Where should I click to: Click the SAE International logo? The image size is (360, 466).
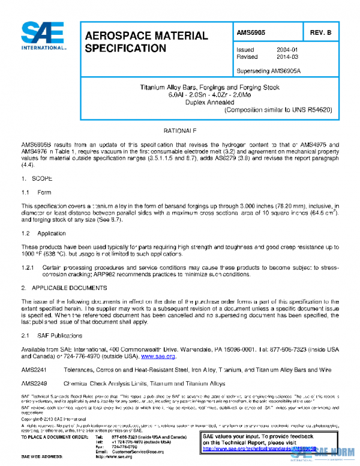point(44,37)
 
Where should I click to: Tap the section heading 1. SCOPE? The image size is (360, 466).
point(37,179)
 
